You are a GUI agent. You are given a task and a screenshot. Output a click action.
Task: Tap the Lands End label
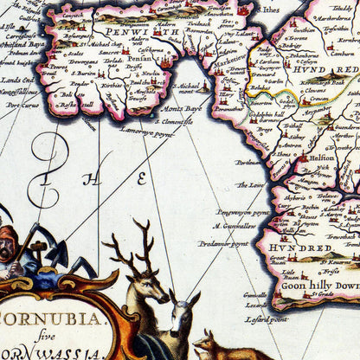18,79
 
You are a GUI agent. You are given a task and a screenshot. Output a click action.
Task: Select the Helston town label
323,157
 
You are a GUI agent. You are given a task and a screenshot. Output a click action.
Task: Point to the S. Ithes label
269,10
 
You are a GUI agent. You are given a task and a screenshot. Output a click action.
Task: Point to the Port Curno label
22,105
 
